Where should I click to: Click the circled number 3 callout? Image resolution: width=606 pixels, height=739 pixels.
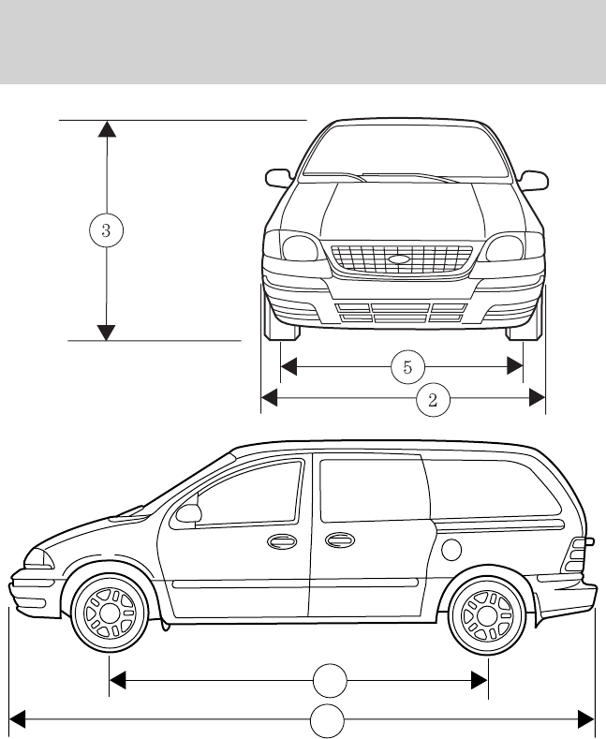pyautogui.click(x=107, y=229)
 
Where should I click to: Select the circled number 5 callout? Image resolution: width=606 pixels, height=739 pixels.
pyautogui.click(x=407, y=366)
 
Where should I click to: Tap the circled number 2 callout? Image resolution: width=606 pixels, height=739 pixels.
pyautogui.click(x=433, y=399)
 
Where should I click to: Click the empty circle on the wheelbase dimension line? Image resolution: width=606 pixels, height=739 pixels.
pyautogui.click(x=328, y=679)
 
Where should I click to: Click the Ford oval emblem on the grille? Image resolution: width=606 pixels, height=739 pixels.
pyautogui.click(x=399, y=259)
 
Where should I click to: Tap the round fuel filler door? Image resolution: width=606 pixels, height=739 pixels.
pyautogui.click(x=451, y=547)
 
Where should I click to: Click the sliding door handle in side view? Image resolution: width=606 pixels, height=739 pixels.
pyautogui.click(x=339, y=540)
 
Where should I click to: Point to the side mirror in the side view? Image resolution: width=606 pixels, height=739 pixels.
pyautogui.click(x=188, y=513)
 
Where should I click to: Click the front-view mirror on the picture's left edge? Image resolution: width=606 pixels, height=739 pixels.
pyautogui.click(x=278, y=177)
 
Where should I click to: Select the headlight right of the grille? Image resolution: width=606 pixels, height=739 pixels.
pyautogui.click(x=503, y=248)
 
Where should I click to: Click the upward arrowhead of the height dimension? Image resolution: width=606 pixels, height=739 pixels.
pyautogui.click(x=107, y=128)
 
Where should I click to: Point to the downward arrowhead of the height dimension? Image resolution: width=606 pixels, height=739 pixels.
pyautogui.click(x=107, y=332)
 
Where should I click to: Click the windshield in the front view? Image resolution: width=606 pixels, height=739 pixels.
pyautogui.click(x=404, y=150)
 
